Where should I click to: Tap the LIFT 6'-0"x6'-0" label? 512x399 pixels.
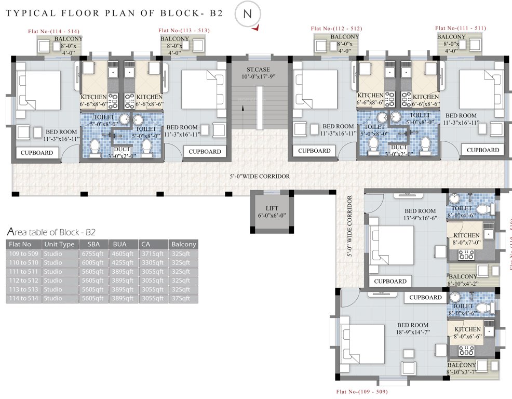(x=272, y=211)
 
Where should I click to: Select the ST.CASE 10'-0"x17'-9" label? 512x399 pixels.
(x=259, y=73)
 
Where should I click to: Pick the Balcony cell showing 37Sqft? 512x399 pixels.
(x=183, y=298)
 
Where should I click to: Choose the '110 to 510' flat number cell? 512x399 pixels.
(x=23, y=263)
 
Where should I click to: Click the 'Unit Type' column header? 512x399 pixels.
(x=59, y=244)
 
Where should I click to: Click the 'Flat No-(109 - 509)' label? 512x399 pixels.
(x=362, y=391)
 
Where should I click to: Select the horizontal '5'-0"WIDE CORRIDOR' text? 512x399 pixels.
(x=260, y=177)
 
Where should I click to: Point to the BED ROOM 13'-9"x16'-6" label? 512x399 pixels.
(x=421, y=215)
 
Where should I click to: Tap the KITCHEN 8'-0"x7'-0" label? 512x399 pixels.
(x=466, y=238)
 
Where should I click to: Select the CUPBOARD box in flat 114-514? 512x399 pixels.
(x=36, y=153)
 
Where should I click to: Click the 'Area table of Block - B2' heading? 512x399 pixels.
(x=51, y=232)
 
